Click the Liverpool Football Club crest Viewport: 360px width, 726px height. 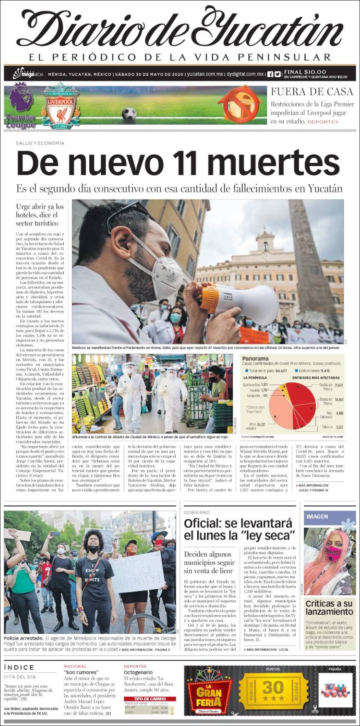point(60,106)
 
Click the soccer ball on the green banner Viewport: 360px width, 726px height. point(129,114)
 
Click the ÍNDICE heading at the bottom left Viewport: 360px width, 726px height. point(19,667)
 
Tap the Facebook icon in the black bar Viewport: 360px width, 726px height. point(270,74)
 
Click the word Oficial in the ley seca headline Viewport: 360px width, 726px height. point(205,523)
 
